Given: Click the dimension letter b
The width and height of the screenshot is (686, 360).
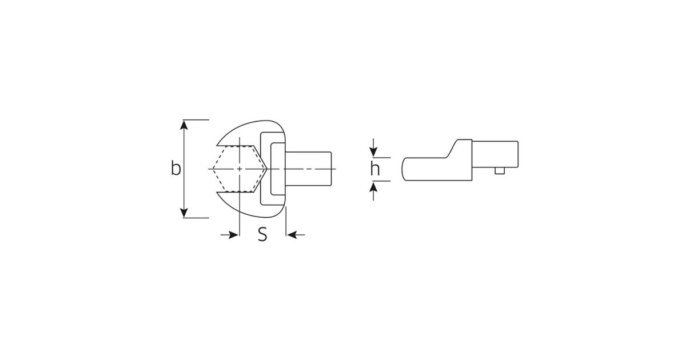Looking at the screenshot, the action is click(x=176, y=168).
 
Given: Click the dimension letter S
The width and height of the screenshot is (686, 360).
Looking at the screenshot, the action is click(x=262, y=234).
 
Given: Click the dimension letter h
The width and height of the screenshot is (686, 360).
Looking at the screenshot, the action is click(x=375, y=169).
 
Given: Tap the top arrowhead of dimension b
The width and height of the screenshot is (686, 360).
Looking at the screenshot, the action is click(x=184, y=125).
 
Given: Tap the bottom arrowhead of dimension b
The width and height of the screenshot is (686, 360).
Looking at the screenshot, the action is click(x=184, y=213).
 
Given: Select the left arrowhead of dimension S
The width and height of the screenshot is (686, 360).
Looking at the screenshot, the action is click(x=234, y=235).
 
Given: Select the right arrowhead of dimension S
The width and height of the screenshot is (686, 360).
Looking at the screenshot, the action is click(x=292, y=235).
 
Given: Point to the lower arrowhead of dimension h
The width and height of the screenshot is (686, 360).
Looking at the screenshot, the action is click(x=373, y=186).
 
